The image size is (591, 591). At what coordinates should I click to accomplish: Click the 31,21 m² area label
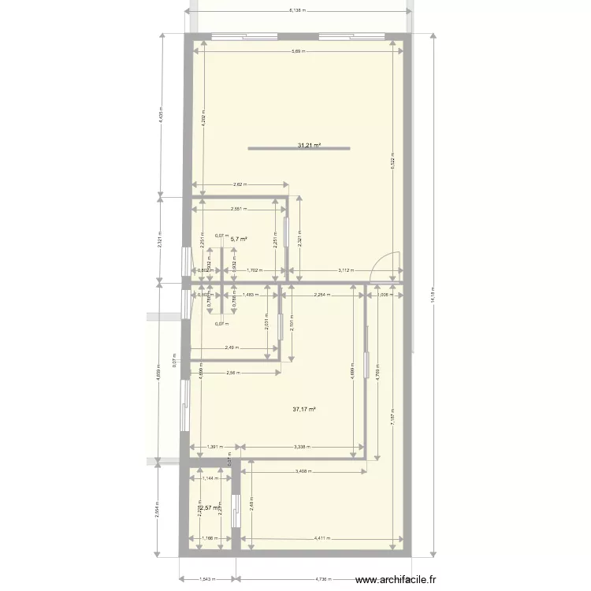[312, 146]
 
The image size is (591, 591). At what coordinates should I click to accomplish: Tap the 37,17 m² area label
[304, 409]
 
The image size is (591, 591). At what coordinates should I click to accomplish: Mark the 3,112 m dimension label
[345, 270]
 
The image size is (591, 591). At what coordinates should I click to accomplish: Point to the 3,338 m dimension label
[300, 447]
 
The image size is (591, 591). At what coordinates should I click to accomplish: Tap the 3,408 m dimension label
[303, 472]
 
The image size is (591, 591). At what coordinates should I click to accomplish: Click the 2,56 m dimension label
[233, 373]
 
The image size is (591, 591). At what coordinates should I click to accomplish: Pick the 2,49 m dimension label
[232, 348]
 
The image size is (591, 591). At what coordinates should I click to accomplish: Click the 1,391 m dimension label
[214, 447]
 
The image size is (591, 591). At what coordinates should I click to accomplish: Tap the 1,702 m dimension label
[254, 270]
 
